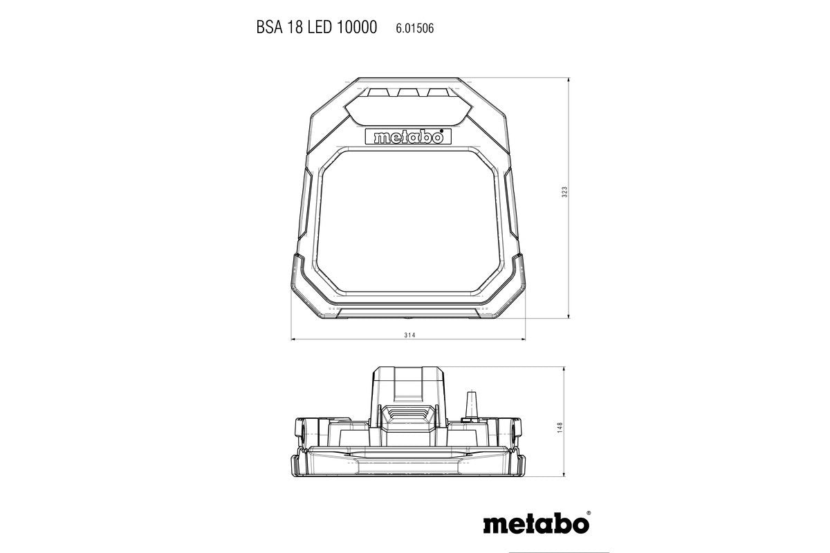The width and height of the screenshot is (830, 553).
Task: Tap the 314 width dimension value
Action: [408, 335]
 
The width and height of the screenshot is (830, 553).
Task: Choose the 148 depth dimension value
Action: [560, 428]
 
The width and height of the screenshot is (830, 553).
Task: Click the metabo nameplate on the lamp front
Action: [407, 137]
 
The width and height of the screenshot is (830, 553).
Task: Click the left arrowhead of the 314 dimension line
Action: [293, 340]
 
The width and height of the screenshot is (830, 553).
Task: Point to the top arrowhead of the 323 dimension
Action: [569, 81]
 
